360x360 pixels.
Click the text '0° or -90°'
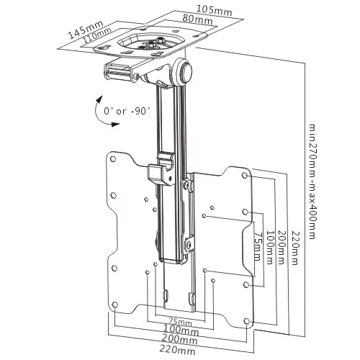click(x=126, y=112)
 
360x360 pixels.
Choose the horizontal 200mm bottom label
click(x=179, y=340)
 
